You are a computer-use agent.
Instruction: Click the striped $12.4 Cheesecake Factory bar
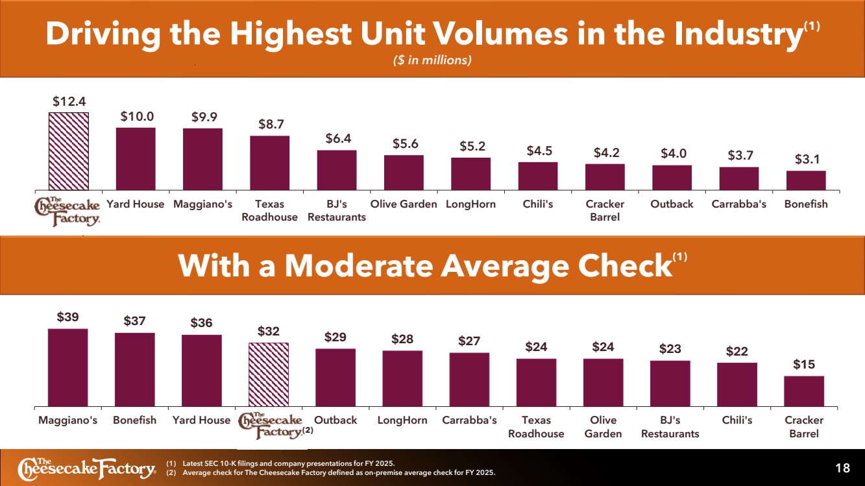click(69, 151)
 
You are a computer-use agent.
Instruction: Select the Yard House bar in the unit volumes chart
click(136, 159)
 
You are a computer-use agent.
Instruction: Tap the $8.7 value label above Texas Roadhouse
click(271, 124)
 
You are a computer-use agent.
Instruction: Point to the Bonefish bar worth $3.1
click(807, 180)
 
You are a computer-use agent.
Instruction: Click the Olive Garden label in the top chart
click(404, 204)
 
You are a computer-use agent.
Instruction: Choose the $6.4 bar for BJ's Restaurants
click(337, 170)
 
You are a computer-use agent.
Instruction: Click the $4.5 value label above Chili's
click(539, 151)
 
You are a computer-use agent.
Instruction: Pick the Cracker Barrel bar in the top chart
click(605, 177)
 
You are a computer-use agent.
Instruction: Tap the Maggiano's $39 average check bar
click(68, 367)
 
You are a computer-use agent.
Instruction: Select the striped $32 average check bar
click(269, 374)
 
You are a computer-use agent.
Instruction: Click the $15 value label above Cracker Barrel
click(804, 364)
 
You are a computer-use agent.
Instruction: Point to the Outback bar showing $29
click(335, 378)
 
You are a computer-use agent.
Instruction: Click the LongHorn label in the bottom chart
click(402, 420)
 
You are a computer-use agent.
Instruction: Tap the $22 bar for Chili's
click(737, 385)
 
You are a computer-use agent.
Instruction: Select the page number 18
click(842, 468)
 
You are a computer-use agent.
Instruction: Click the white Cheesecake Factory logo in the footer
click(87, 468)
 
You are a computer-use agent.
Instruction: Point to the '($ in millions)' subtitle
click(432, 60)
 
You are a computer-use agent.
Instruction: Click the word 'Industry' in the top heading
click(738, 34)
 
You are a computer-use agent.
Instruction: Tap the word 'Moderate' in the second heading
click(359, 265)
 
